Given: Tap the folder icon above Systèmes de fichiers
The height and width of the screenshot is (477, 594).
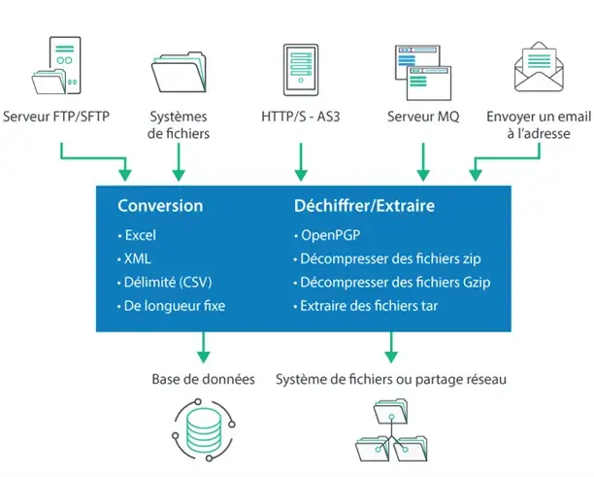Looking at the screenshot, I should tap(180, 70).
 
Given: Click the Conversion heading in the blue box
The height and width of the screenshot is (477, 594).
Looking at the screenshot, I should tap(160, 206).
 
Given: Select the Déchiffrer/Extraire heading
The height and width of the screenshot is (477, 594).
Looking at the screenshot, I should tap(364, 206).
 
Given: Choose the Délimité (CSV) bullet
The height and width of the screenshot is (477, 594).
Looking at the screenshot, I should tap(164, 283).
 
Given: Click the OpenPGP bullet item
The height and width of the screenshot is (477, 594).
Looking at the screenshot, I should tap(330, 235).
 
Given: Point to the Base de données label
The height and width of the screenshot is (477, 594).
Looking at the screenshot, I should tap(203, 379).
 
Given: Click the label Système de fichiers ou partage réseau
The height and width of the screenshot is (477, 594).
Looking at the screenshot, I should tap(390, 379).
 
